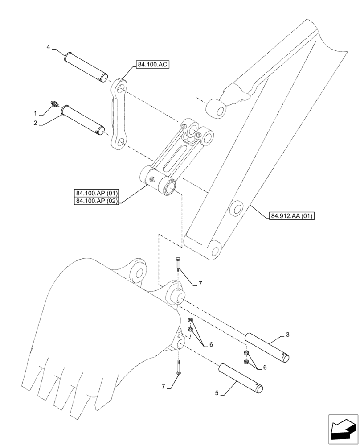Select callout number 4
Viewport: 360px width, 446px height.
point(49,47)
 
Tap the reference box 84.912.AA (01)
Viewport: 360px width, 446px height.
point(292,216)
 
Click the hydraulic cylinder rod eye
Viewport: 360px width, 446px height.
point(216,107)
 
